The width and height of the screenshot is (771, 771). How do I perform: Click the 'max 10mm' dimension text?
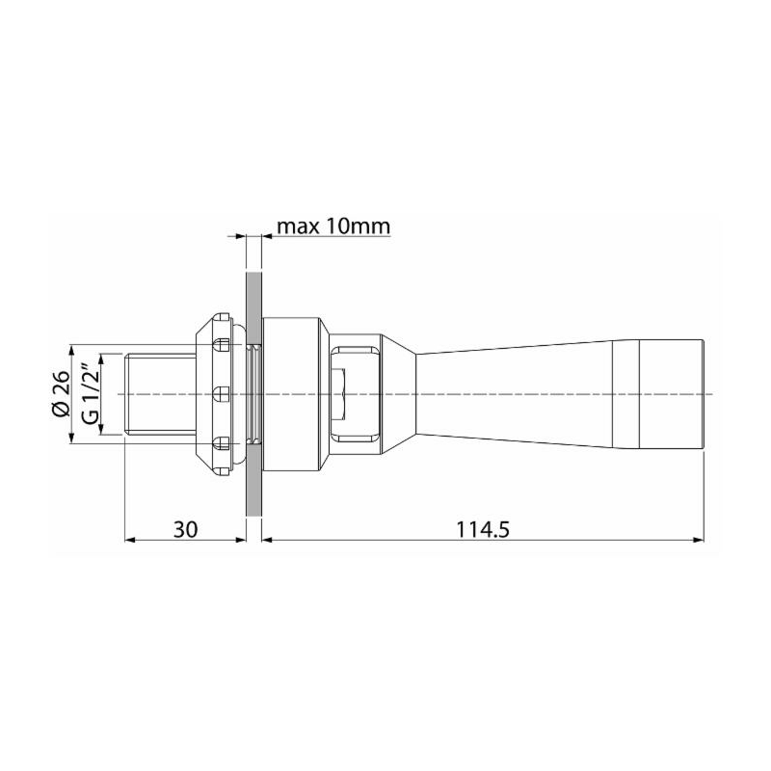tap(332, 227)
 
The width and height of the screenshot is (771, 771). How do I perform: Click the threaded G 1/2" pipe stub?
tap(159, 395)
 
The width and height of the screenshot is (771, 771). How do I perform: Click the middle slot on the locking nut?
tap(220, 394)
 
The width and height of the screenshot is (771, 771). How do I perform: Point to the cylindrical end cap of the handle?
tap(674, 395)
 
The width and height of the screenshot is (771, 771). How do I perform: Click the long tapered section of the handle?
tap(520, 395)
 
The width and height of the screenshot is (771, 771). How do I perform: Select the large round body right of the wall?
tap(294, 395)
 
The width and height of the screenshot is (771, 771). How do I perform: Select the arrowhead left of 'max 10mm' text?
tap(236, 234)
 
